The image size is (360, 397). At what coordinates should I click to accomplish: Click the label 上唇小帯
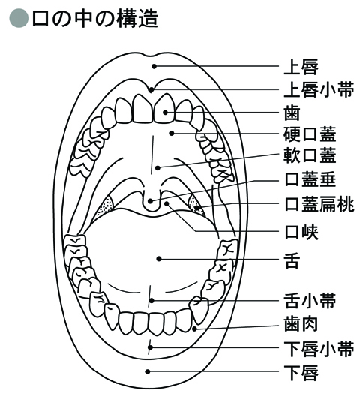319,89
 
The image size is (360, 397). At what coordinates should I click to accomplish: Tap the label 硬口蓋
310,134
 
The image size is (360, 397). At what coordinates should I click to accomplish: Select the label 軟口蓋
310,155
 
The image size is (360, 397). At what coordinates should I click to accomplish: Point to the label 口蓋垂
310,179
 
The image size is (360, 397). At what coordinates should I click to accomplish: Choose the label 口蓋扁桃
319,204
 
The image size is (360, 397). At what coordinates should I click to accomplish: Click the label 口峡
301,232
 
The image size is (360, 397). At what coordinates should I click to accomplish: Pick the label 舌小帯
310,301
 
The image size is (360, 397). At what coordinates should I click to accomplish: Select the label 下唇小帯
319,348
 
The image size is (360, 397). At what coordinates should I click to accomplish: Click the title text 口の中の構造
95,18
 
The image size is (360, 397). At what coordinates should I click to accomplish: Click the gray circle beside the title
19,18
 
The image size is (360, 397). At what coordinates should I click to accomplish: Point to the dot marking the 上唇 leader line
154,66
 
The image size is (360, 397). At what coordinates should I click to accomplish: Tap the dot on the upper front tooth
165,112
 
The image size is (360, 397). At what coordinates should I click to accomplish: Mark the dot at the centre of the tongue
159,259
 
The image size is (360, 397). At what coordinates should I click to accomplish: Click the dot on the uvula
151,201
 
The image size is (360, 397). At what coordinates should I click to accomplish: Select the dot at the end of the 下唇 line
148,371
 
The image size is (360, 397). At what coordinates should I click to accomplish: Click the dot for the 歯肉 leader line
194,329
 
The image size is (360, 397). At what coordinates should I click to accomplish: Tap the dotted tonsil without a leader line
106,206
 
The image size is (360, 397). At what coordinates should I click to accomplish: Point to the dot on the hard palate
172,133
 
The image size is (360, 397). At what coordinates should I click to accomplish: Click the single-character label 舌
292,260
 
